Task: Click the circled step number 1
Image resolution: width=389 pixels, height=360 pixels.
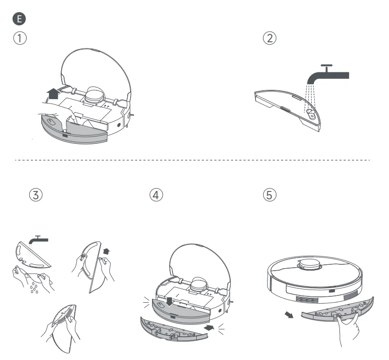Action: [19, 38]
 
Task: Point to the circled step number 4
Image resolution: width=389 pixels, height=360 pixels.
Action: [155, 194]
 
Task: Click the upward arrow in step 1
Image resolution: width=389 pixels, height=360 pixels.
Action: [53, 93]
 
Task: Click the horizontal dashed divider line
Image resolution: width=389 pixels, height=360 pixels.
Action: [194, 159]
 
